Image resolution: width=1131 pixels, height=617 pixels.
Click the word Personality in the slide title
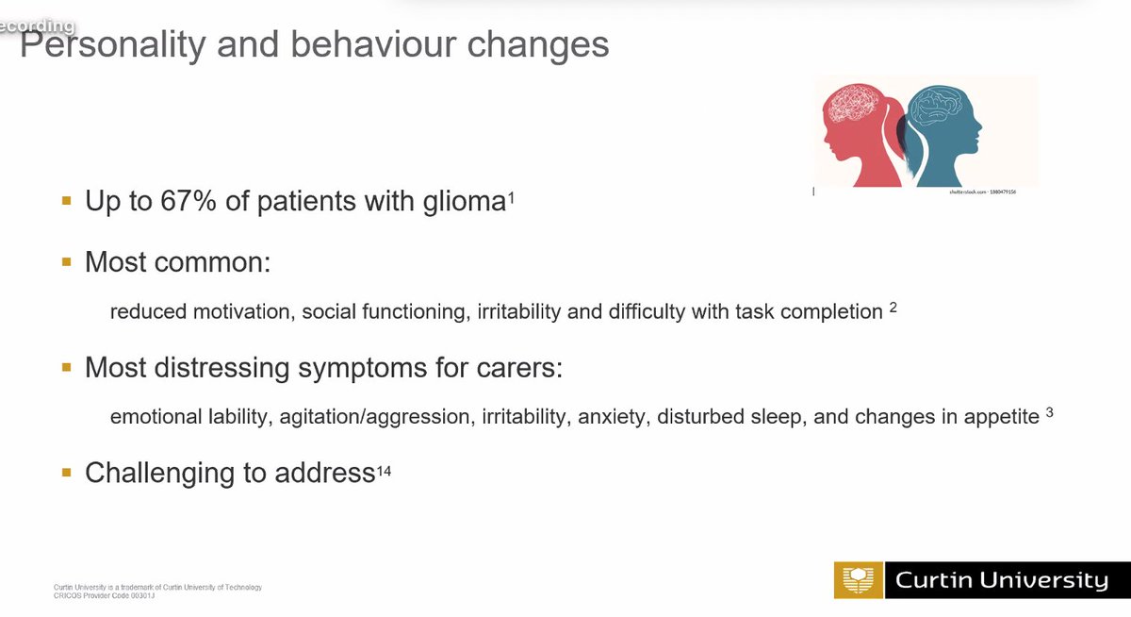[103, 44]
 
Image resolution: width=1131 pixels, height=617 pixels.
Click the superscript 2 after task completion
[893, 308]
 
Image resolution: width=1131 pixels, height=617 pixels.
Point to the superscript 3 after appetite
[1049, 412]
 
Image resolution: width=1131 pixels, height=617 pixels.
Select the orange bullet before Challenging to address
[66, 473]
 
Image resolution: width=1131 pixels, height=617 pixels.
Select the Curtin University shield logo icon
[857, 580]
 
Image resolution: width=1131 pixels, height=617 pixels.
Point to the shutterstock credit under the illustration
[980, 192]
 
